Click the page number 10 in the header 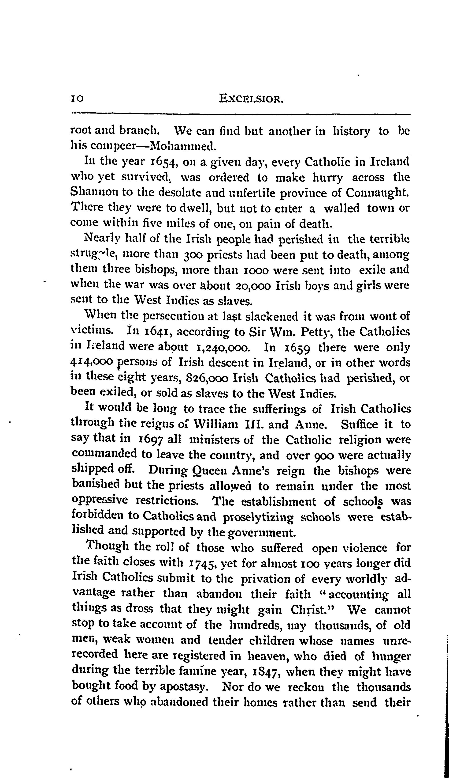[x=77, y=99]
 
